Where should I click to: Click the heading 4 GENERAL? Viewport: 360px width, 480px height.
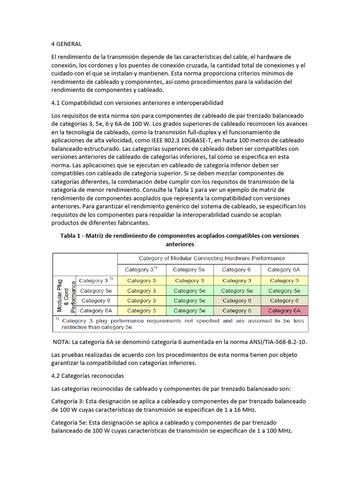click(66, 44)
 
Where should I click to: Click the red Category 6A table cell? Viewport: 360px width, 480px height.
click(284, 310)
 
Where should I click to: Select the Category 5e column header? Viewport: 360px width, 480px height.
click(188, 270)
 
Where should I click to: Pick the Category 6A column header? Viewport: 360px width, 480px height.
click(284, 270)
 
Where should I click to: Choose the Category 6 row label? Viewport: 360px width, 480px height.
click(95, 300)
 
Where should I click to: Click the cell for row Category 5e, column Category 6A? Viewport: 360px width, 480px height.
click(284, 291)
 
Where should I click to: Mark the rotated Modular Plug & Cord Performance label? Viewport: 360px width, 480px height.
click(66, 295)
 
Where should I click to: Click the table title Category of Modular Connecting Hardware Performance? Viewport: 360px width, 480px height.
click(212, 258)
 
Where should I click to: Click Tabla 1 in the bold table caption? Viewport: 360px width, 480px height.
click(71, 236)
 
